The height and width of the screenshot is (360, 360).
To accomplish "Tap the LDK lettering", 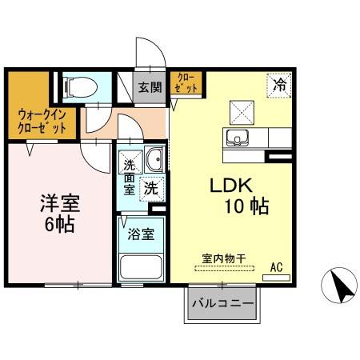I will tap(231, 186).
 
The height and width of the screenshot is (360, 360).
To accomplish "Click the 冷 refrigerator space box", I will tap(279, 83).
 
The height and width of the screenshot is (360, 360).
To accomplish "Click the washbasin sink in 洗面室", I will tap(155, 160).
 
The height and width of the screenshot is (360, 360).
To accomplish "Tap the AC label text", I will tap(276, 267).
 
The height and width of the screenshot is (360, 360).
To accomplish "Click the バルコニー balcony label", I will tap(222, 304).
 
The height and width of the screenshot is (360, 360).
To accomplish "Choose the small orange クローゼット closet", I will tap(186, 83).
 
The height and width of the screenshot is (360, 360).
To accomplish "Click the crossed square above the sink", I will tap(239, 110).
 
